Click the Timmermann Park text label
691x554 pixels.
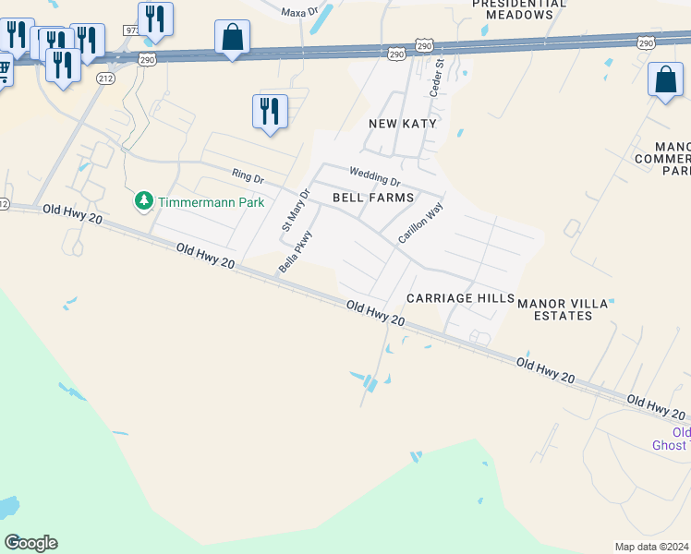[x=212, y=202]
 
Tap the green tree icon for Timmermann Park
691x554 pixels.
[x=143, y=201]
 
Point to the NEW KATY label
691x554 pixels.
[x=402, y=124]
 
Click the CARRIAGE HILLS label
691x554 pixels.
[x=460, y=298]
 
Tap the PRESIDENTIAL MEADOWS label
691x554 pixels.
[x=519, y=9]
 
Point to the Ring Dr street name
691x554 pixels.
[x=248, y=175]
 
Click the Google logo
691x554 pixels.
[x=30, y=543]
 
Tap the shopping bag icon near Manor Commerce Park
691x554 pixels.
[x=665, y=80]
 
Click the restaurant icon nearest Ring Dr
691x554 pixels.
[x=270, y=112]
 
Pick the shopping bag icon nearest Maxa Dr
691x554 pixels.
[x=232, y=38]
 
